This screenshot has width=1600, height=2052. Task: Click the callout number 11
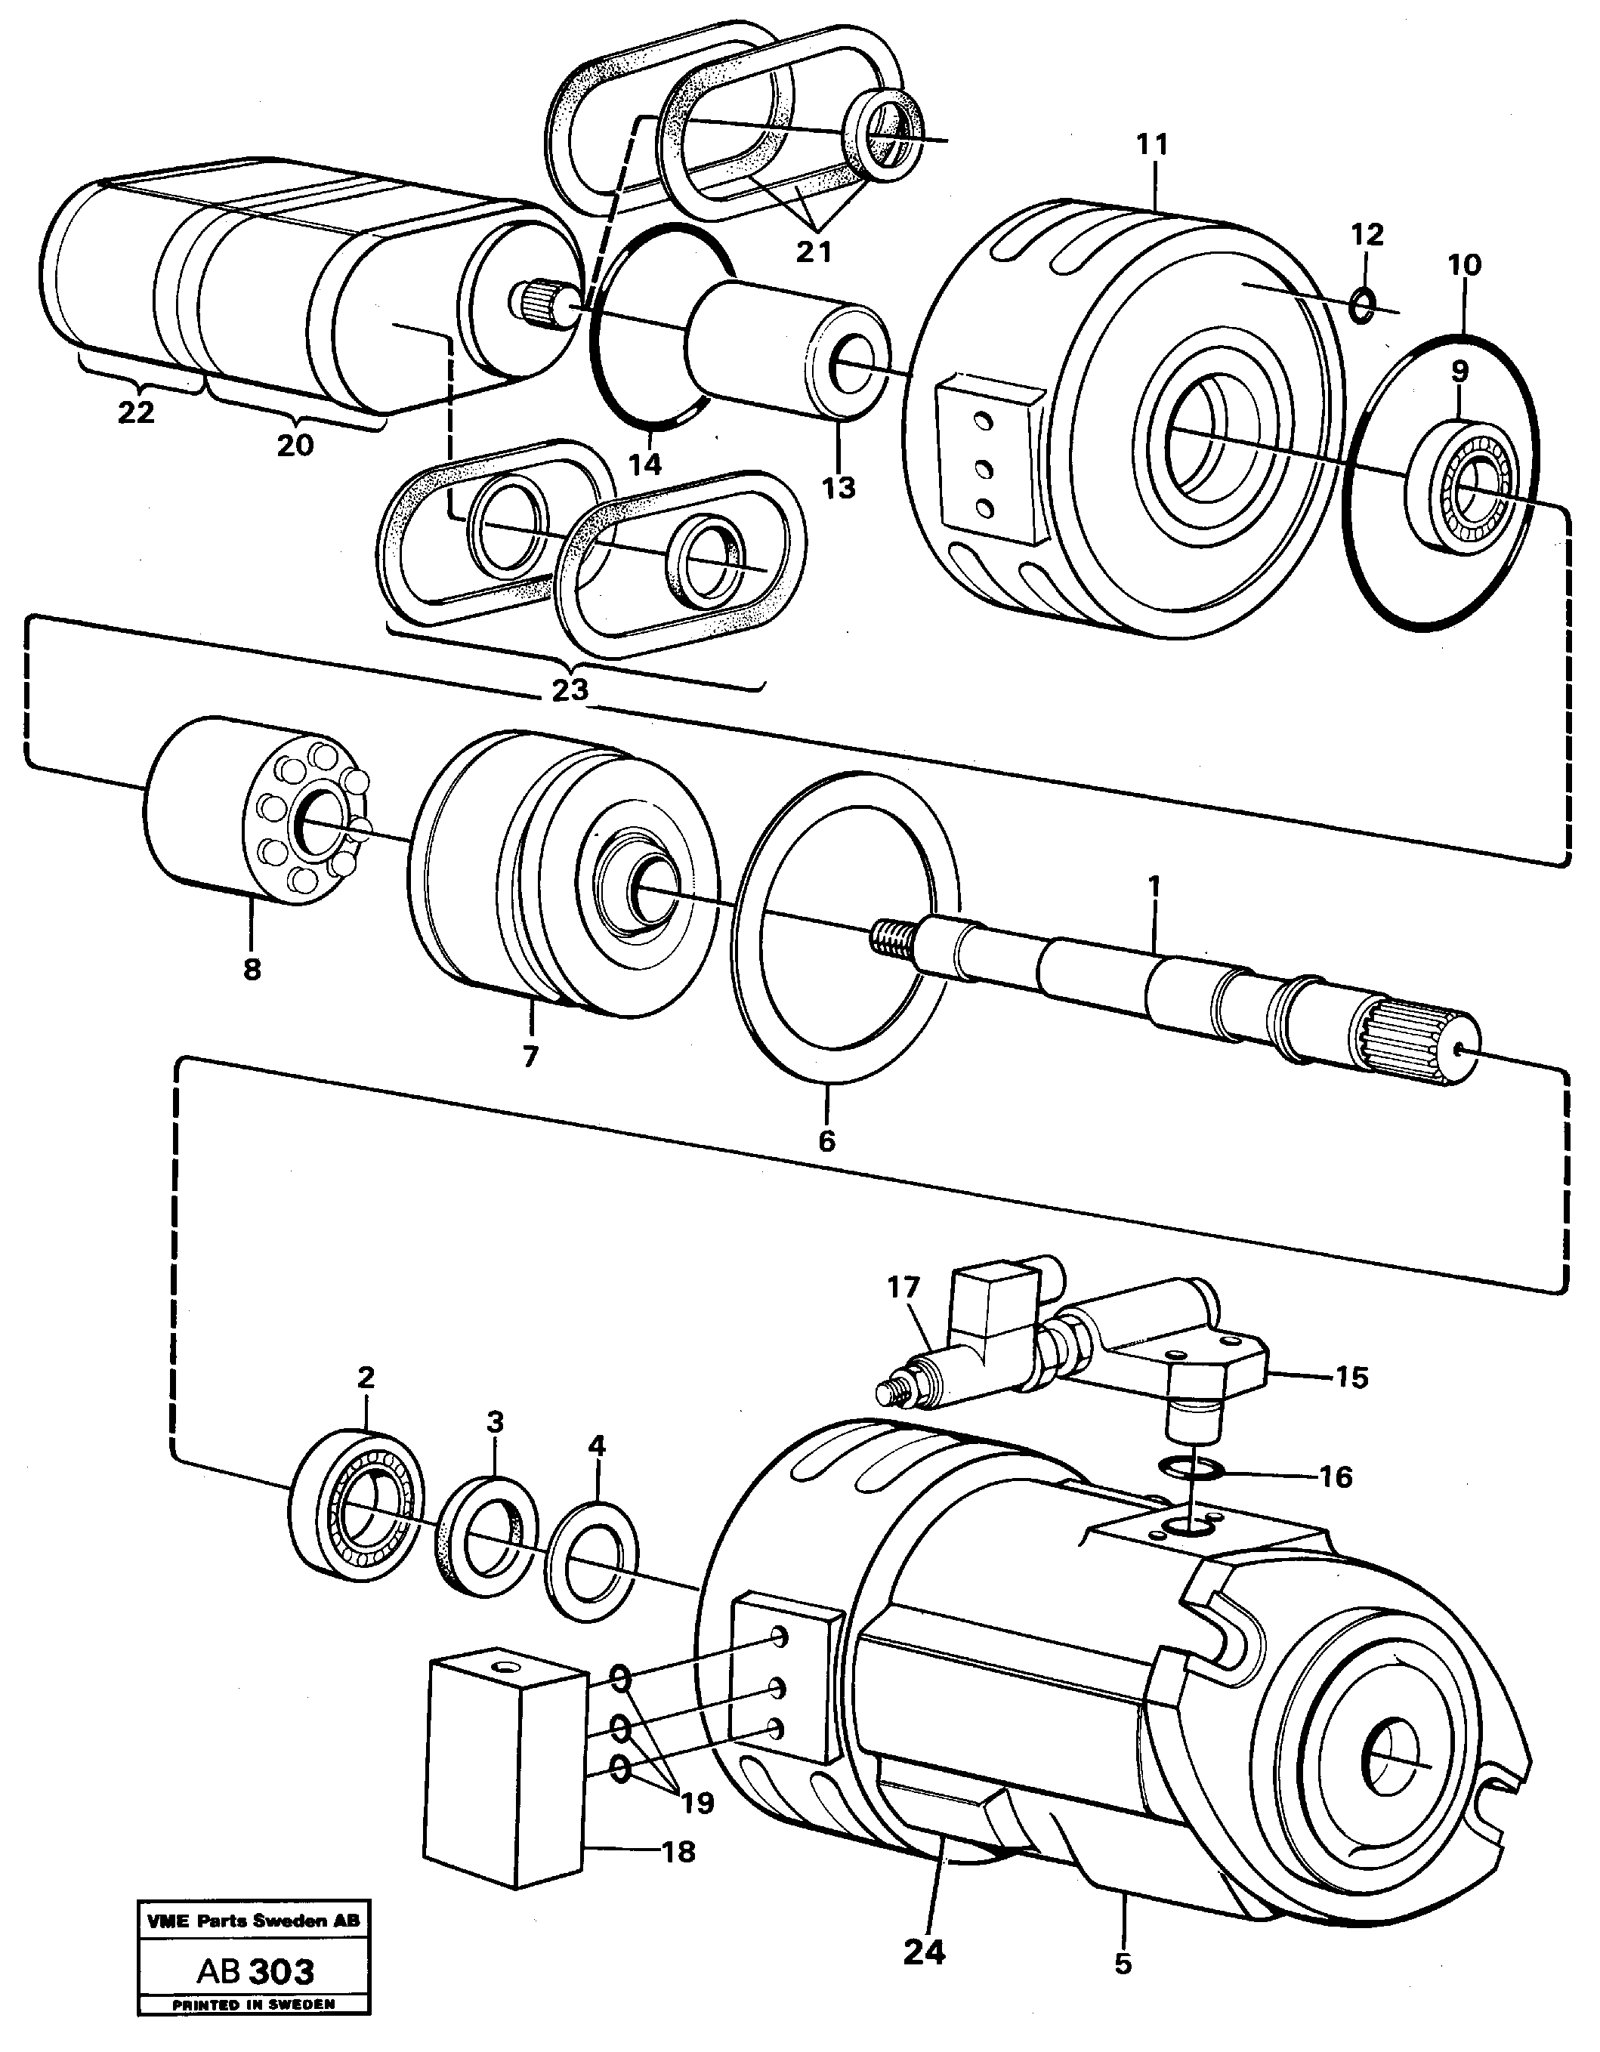(x=1151, y=145)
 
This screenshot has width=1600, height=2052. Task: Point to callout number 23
(x=570, y=690)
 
